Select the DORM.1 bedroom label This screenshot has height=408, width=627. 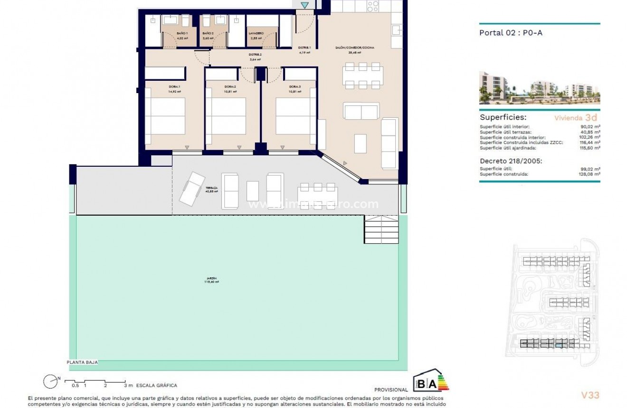pyautogui.click(x=174, y=86)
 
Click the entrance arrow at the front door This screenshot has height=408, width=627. pyautogui.click(x=305, y=5)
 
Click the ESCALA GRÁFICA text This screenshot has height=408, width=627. pyautogui.click(x=156, y=386)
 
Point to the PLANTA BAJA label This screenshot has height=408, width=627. pyautogui.click(x=82, y=362)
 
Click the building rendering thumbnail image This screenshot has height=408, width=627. pyautogui.click(x=539, y=88)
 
